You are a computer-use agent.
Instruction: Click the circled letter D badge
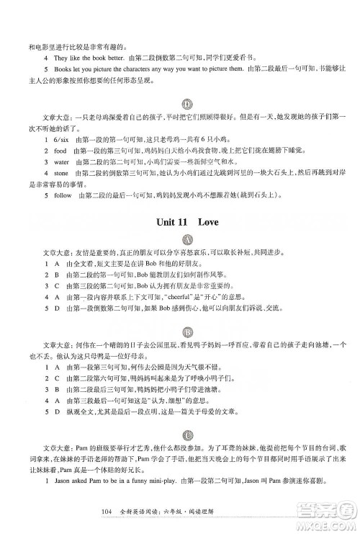click(186, 104)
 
